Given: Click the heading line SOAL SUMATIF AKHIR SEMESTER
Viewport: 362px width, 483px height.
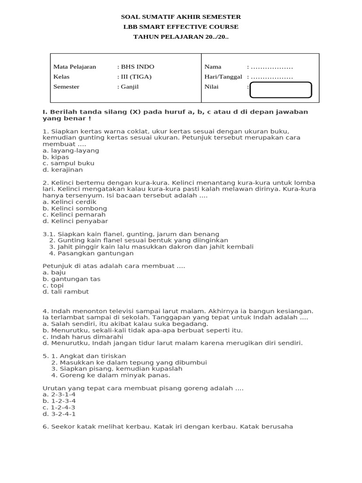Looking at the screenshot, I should [x=181, y=17].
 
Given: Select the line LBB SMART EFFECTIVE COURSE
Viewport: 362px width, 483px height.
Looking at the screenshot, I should [x=181, y=27].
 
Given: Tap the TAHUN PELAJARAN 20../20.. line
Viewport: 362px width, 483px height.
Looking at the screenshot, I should [x=181, y=37].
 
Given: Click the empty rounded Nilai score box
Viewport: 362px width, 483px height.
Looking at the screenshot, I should [x=280, y=90].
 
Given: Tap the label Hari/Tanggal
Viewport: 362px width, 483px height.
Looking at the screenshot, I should [x=223, y=77].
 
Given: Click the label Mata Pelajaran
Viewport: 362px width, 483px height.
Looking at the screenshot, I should [x=74, y=67].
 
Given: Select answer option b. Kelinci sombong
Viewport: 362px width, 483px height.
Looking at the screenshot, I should [x=74, y=208].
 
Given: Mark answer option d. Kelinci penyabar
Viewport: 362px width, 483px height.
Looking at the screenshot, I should [x=75, y=221].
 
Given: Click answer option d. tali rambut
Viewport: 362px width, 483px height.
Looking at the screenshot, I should [x=66, y=291].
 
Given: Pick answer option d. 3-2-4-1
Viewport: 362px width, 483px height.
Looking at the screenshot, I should [x=59, y=414].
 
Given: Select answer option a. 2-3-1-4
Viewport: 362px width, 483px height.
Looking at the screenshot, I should [x=59, y=394].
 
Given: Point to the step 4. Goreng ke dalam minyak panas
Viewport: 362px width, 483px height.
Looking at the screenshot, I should [x=110, y=375].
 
